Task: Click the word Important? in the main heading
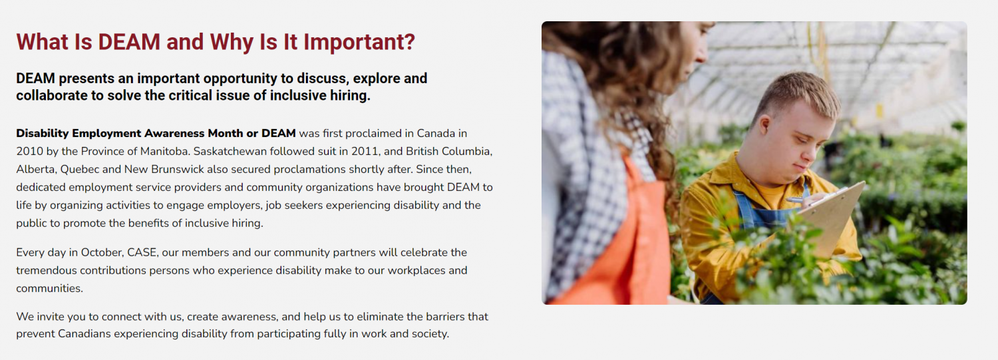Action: pos(359,42)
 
